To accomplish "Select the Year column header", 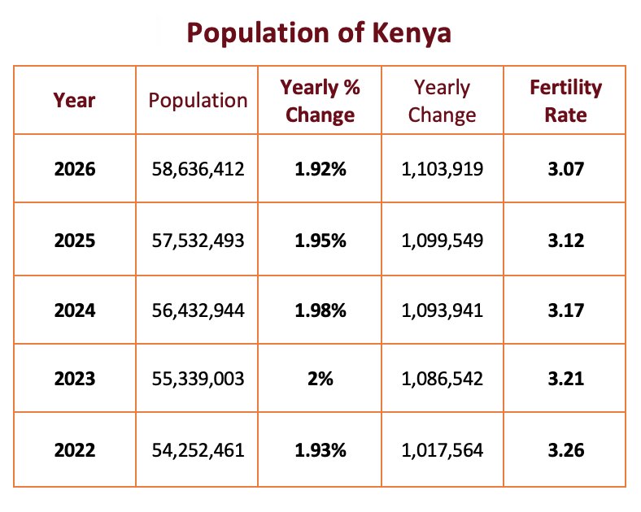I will (x=74, y=100).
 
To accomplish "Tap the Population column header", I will (x=198, y=100).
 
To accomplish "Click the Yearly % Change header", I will (x=320, y=100).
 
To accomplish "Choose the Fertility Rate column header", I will (x=565, y=100).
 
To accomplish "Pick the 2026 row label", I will (x=74, y=170).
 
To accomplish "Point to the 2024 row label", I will (x=74, y=310).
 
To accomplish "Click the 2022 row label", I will (x=74, y=449).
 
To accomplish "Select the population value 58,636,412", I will (x=198, y=170).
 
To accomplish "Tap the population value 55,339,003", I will (x=198, y=379).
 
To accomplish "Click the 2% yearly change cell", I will (x=320, y=379).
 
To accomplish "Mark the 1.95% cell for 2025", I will (x=320, y=241).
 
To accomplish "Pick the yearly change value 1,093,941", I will (x=443, y=310).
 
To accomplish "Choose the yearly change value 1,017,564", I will (x=443, y=449).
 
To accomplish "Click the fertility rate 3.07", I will (x=565, y=170).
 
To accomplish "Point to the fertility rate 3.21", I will (x=565, y=379).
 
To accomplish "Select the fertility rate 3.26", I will (x=565, y=449).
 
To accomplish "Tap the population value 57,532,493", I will (x=198, y=241).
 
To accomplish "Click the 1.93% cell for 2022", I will (x=320, y=449).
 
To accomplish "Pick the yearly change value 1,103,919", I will (x=443, y=170).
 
